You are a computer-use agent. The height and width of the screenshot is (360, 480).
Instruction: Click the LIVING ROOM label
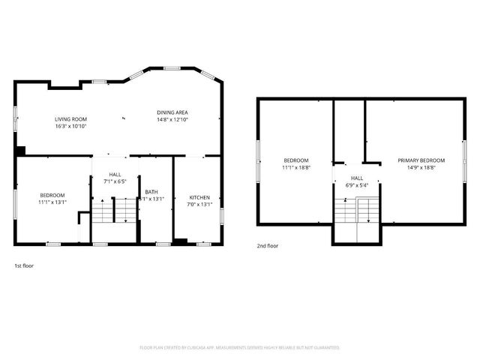point(71,119)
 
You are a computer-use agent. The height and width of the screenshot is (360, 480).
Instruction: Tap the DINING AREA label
point(172,112)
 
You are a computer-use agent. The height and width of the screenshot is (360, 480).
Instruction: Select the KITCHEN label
point(199,196)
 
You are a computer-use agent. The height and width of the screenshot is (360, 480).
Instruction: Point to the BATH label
point(151,191)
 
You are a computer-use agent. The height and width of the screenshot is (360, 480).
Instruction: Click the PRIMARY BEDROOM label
point(421,160)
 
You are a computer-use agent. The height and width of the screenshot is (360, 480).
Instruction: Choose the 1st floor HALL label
point(116,174)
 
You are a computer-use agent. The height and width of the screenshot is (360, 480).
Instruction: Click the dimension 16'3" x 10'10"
point(71,127)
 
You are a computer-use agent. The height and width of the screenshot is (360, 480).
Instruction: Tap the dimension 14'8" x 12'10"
point(172,120)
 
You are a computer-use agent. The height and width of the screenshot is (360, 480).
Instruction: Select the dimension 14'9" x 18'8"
point(421,168)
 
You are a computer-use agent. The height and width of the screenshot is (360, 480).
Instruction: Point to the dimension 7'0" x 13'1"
point(199,204)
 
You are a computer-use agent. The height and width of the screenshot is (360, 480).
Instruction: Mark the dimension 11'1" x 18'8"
point(295,168)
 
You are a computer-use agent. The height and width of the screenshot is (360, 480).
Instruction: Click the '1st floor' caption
point(24,265)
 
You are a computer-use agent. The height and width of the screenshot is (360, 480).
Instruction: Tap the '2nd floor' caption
point(268,245)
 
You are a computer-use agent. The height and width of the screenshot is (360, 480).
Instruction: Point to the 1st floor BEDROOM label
point(52,195)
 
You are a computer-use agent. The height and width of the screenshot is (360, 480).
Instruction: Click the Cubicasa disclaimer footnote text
point(240,347)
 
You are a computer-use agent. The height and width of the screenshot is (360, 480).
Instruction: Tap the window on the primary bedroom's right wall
point(465,160)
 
